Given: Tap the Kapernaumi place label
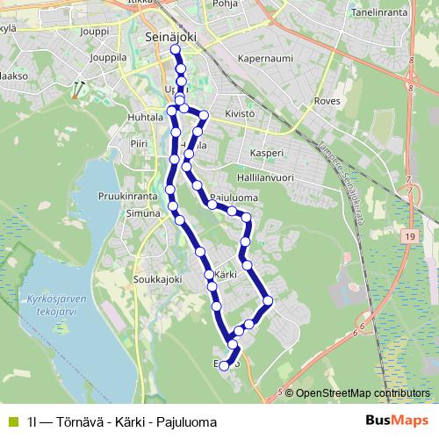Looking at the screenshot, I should tap(263, 60).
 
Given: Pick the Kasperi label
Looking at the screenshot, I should tap(267, 152).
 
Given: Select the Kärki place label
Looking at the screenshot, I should tap(226, 275).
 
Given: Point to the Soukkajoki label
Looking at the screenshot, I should tap(157, 280).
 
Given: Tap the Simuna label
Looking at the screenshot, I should tap(141, 213).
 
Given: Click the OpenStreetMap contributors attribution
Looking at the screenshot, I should tap(362, 392).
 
